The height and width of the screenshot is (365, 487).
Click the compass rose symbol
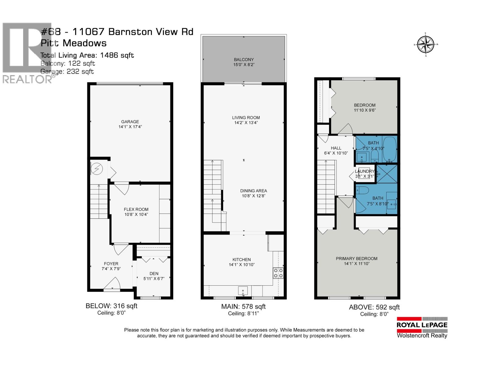coord(426,44)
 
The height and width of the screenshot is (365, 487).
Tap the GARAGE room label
coord(130,122)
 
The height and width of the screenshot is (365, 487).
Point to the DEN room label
coord(154,273)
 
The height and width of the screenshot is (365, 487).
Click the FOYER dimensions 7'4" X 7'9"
coord(111,269)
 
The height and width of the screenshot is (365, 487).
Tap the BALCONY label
coord(244,60)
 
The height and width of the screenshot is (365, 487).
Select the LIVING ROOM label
coord(246,118)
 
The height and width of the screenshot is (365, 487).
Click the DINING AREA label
coord(254,191)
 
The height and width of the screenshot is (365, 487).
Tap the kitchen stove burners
coord(278,273)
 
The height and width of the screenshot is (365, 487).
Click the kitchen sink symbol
coord(243,291)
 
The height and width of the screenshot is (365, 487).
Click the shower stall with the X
coord(387,174)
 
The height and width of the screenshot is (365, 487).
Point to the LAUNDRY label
coord(364,171)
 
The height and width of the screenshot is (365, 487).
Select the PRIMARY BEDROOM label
coord(356,259)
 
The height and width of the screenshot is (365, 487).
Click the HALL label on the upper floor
coord(336,148)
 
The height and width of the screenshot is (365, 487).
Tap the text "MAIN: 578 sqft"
coord(243,306)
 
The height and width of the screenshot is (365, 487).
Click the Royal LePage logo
coord(422,328)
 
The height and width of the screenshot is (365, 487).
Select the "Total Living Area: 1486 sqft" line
coord(87,55)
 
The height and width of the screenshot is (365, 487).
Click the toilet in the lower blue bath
coord(363,190)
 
